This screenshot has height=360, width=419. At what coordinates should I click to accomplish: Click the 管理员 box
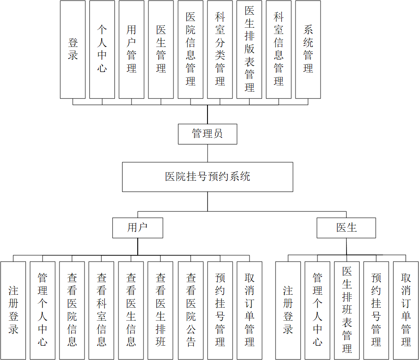207,134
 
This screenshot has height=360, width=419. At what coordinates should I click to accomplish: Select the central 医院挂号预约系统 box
207,177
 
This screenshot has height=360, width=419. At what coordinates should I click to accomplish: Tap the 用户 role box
138,228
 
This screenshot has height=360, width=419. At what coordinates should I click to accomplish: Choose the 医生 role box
346,228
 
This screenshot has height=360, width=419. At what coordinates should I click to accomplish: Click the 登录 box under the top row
73,49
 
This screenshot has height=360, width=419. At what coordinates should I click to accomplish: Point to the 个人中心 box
102,49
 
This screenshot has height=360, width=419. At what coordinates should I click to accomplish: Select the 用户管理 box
131,49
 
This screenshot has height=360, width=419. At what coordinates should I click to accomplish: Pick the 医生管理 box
161,49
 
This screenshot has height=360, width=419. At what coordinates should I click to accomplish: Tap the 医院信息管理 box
190,49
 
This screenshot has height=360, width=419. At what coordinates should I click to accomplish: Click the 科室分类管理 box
220,49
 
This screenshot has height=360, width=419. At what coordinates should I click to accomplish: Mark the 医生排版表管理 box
249,49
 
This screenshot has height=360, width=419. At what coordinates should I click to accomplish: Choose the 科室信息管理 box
279,49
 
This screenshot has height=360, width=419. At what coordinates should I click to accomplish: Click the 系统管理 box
308,49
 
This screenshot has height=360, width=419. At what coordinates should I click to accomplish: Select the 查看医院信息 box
72,310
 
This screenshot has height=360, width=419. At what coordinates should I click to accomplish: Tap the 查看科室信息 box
102,310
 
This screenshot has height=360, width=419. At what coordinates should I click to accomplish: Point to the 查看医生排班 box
161,310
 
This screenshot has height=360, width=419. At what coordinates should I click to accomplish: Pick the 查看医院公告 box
191,310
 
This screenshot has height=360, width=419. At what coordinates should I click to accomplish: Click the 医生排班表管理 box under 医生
347,310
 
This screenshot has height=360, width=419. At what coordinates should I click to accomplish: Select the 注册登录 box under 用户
13,310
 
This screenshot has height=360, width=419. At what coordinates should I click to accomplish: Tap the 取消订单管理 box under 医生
406,310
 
